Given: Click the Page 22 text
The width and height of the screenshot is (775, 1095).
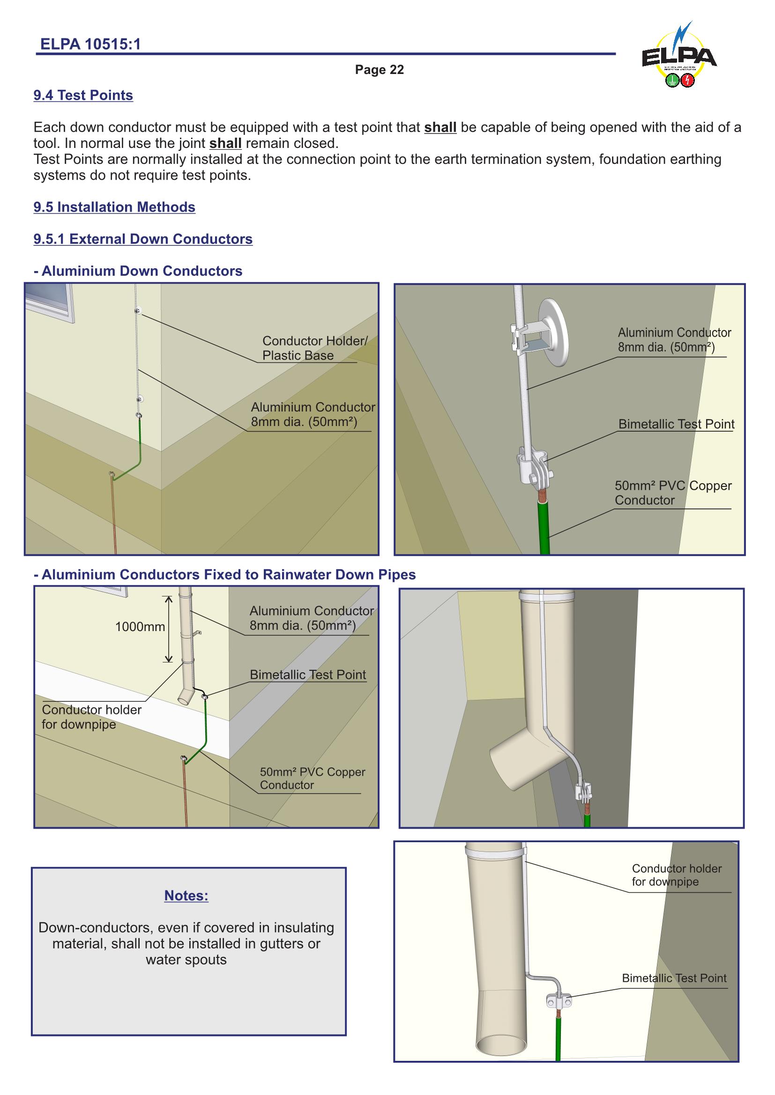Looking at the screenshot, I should [379, 70].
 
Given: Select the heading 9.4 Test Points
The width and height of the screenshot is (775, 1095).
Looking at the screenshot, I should [83, 96].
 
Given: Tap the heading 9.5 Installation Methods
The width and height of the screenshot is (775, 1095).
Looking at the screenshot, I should [114, 207].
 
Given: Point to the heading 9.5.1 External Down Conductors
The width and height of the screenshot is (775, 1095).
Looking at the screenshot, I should [143, 239].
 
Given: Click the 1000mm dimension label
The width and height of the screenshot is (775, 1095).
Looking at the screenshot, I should [140, 627].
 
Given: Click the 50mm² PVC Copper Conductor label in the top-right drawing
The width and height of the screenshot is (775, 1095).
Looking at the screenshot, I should [672, 492].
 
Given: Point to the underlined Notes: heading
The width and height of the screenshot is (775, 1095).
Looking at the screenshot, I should [186, 896].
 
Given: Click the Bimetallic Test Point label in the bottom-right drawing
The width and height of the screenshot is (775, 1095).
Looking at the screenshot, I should [674, 978].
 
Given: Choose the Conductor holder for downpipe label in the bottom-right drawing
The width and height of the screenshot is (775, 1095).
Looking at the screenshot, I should [676, 875].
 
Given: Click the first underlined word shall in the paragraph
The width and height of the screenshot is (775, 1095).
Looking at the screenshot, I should [440, 127].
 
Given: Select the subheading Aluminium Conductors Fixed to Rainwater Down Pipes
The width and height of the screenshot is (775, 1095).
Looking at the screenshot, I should [225, 575].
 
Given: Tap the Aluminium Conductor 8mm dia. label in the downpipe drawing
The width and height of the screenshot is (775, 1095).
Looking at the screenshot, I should [311, 618].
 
